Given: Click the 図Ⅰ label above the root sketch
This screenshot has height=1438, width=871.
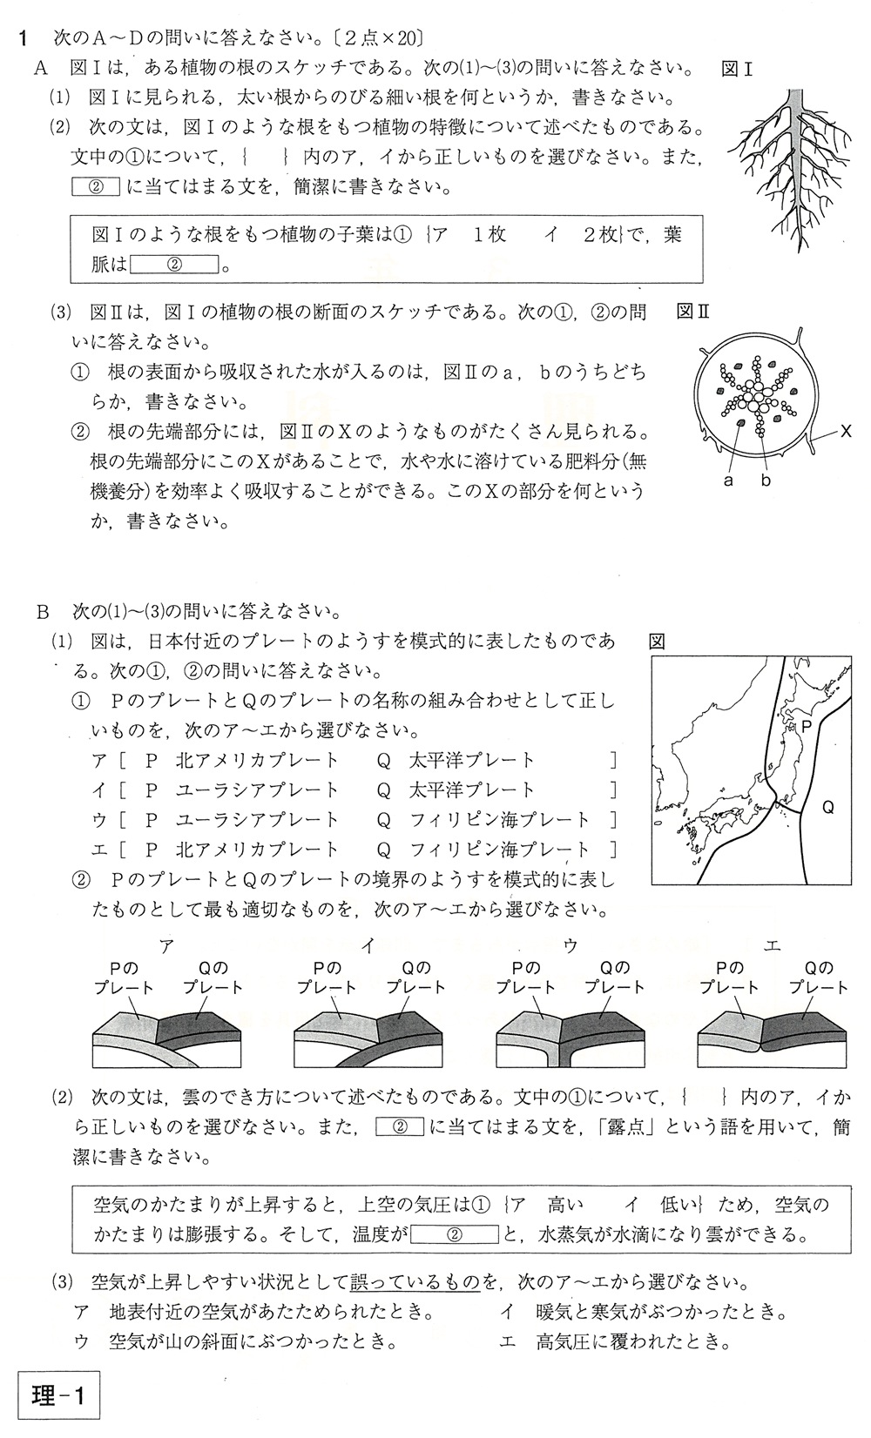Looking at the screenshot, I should click(x=737, y=70).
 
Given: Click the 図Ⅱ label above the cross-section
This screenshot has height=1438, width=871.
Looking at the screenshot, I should click(x=694, y=312).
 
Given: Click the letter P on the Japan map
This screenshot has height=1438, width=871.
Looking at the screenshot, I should click(x=807, y=724).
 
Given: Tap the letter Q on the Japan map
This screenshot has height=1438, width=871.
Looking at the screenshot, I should click(x=827, y=808).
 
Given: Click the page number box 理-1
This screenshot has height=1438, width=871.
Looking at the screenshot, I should click(x=59, y=1397).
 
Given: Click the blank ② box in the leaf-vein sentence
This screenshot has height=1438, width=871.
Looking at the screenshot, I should click(x=173, y=265).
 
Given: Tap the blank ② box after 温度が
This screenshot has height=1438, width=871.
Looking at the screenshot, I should click(x=453, y=1234).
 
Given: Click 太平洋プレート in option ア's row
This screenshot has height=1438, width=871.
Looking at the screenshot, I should click(x=471, y=760).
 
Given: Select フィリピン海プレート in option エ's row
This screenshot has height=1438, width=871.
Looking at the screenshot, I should click(x=499, y=849).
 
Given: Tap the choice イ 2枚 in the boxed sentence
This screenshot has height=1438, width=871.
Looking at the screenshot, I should click(x=579, y=235).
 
